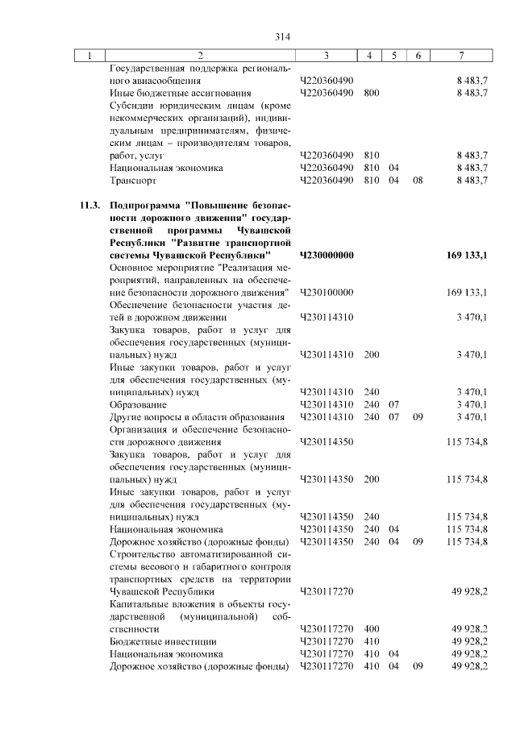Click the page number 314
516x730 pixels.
pyautogui.click(x=281, y=36)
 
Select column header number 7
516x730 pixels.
pyautogui.click(x=460, y=55)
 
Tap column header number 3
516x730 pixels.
pyautogui.click(x=326, y=55)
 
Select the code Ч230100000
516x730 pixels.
pyautogui.click(x=327, y=292)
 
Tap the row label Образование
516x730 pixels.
pyautogui.click(x=138, y=404)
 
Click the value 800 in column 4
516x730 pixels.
pyautogui.click(x=371, y=93)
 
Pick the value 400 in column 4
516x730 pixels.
pyautogui.click(x=371, y=628)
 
